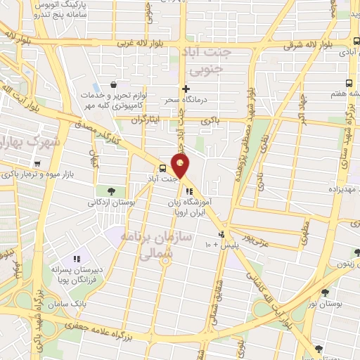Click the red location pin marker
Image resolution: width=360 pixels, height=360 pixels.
[181, 165]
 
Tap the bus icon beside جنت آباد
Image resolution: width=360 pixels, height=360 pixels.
[163, 168]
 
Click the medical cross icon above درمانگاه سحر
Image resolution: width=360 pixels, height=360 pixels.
[186, 89]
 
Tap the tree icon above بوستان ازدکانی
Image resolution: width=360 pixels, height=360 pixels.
[111, 191]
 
